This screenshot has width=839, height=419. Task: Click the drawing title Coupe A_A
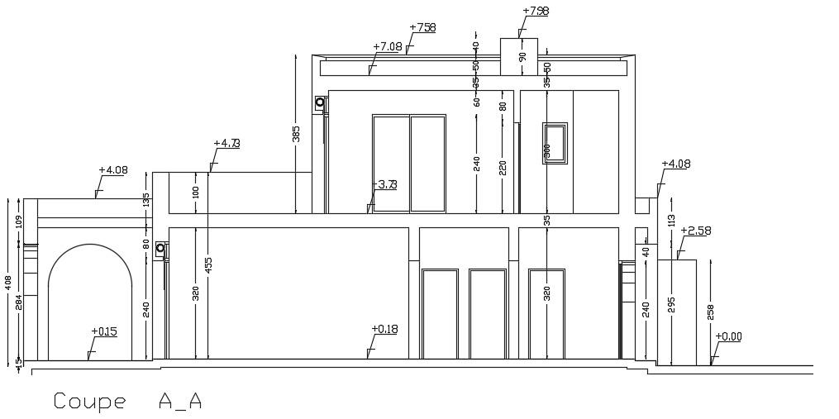pos(127,402)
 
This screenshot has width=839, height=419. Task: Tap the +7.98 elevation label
pos(536,11)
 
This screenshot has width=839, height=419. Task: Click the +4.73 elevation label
pos(226,143)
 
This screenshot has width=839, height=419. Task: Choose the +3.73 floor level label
pos(385,184)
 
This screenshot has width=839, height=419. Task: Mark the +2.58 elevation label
pos(696,231)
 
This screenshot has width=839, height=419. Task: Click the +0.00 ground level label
pos(729,336)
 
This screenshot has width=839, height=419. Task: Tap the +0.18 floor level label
pos(384,329)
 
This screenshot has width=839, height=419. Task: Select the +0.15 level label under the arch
pos(104,331)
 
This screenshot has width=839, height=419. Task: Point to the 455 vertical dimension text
pos(208,265)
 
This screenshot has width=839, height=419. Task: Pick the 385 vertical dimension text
pos(296,133)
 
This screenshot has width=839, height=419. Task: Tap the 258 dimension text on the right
pos(710,312)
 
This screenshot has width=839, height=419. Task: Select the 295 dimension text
pos(671,306)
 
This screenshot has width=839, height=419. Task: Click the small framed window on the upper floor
pos(555,143)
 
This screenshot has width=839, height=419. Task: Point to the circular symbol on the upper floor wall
pos(319,104)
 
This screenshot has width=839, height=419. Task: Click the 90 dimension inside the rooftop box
pos(522,56)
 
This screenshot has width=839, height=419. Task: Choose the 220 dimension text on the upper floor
pos(503,168)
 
